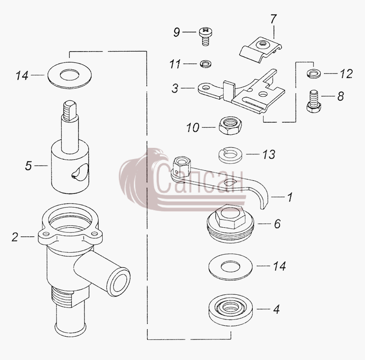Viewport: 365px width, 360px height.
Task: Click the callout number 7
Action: coord(273,19)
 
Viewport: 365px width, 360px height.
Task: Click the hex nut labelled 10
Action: coord(230,125)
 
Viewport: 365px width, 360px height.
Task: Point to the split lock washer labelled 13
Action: coord(230,155)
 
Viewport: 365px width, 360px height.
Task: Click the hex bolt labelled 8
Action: coord(313,102)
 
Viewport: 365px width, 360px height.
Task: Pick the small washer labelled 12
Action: coord(314,73)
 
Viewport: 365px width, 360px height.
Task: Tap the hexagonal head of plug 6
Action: coord(230,217)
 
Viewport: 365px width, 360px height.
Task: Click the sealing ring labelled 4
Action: coord(230,309)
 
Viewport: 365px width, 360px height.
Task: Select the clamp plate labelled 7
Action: coord(261,50)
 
